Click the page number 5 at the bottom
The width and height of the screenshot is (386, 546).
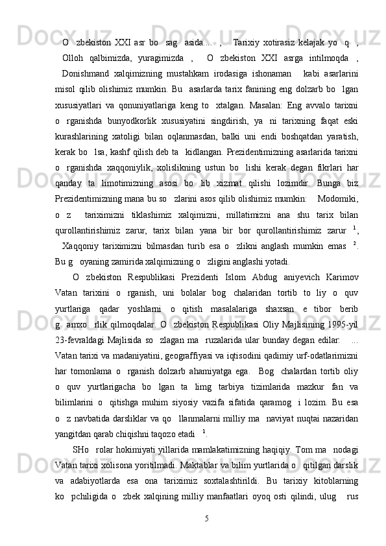pyautogui.click(x=206, y=518)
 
